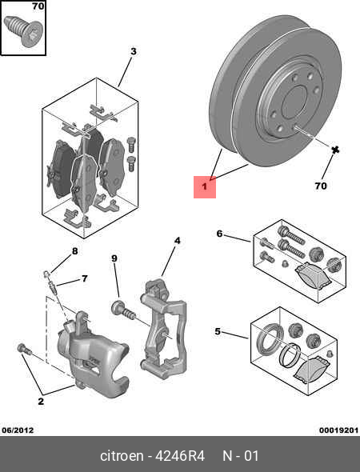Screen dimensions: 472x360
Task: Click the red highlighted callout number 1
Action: coord(204,187)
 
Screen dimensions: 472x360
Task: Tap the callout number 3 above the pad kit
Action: coord(133,52)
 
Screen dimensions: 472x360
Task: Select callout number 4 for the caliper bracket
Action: coord(177,240)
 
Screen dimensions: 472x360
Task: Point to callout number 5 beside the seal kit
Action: coord(218,330)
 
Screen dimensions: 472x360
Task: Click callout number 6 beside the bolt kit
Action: coord(218,234)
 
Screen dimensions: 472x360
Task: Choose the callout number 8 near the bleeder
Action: coord(74,251)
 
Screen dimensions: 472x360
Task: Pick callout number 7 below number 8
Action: coord(84,279)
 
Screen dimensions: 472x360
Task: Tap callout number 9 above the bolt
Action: coord(114,258)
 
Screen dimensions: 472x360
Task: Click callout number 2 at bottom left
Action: coord(40,402)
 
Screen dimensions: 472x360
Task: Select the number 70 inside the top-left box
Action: coord(38,7)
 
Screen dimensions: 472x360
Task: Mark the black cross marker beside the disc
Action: coord(336,150)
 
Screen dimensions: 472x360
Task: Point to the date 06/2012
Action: coord(17,429)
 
